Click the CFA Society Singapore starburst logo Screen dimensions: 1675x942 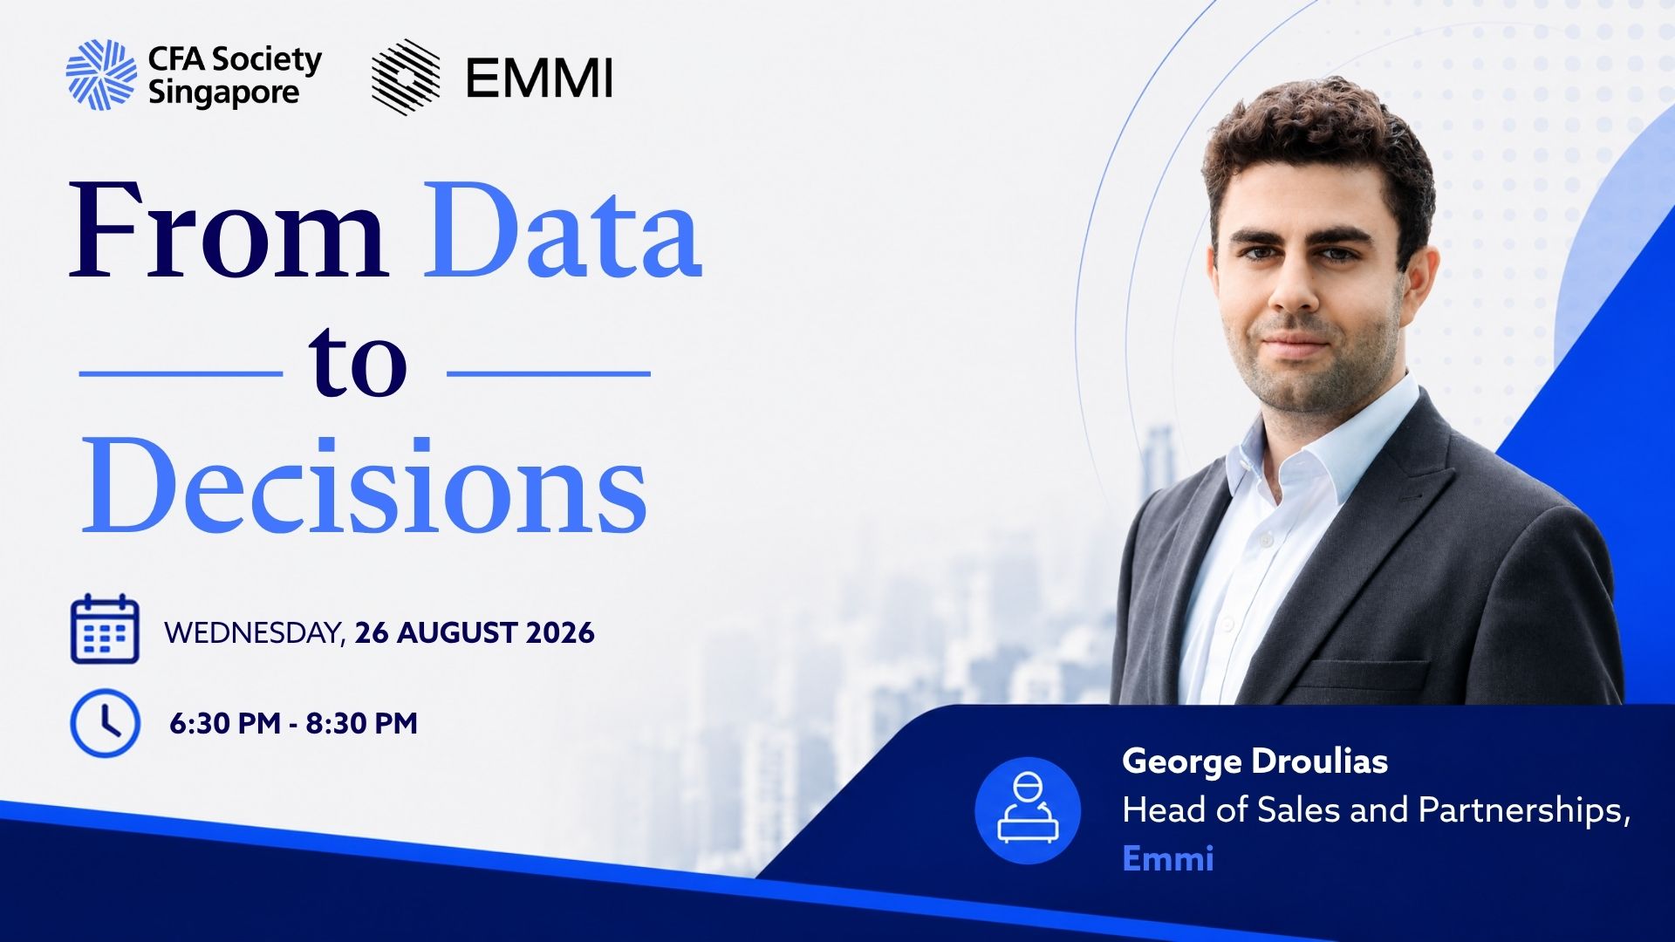click(x=101, y=75)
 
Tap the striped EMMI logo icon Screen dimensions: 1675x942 click(x=406, y=77)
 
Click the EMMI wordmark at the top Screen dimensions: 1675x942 click(x=539, y=78)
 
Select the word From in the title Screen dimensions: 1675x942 click(x=229, y=230)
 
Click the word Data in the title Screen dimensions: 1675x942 click(x=564, y=230)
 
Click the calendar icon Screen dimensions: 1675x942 click(x=105, y=628)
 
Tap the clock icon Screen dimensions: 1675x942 click(x=105, y=723)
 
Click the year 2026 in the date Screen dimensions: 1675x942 click(x=560, y=632)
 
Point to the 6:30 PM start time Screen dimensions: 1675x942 click(x=224, y=723)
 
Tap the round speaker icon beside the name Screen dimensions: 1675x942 click(x=1028, y=810)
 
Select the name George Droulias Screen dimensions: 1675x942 click(x=1255, y=761)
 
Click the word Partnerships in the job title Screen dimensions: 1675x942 click(x=1525, y=811)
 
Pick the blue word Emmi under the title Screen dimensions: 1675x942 click(x=1168, y=858)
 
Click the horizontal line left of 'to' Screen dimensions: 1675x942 click(x=181, y=373)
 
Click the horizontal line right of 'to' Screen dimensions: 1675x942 click(x=549, y=373)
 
